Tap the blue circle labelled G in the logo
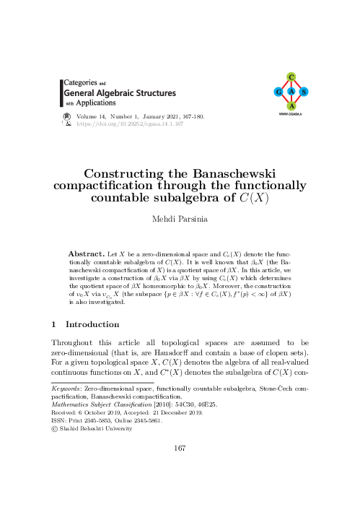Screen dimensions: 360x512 point(277,92)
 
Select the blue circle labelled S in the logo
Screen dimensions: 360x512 point(304,92)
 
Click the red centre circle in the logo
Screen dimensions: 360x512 point(290,92)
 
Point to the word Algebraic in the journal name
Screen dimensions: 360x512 point(123,92)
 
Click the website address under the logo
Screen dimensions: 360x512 point(290,114)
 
